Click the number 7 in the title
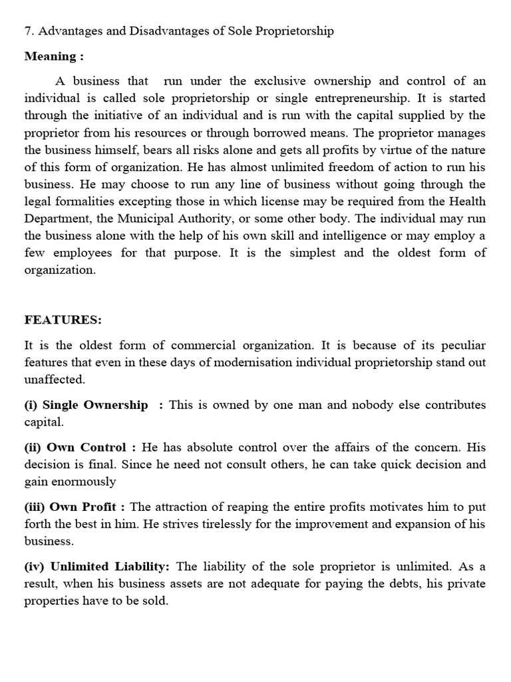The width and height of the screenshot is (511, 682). click(x=28, y=31)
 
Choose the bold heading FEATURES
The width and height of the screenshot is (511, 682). click(x=63, y=320)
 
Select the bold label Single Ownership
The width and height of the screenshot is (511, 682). click(x=94, y=405)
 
